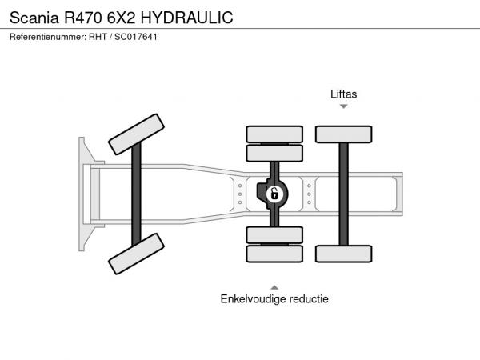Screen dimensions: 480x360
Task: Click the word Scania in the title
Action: pos(34,18)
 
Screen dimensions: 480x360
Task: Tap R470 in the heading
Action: pos(82,18)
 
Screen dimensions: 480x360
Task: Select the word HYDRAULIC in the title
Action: pos(186,18)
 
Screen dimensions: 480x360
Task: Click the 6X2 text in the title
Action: pos(121,18)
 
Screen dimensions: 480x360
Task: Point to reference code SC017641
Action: pos(136,37)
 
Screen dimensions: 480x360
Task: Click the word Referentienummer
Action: pos(48,37)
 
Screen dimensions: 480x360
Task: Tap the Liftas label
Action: pos(343,94)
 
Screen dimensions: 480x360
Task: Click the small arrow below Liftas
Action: pos(343,106)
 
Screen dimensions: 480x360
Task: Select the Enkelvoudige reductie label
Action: pos(274,298)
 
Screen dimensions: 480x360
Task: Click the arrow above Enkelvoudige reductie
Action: pos(274,287)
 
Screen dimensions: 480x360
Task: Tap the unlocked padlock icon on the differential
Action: pos(274,194)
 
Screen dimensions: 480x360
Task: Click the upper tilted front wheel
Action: pos(136,134)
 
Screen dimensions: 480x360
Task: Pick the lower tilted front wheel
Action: pos(136,254)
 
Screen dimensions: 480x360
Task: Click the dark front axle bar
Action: pos(136,194)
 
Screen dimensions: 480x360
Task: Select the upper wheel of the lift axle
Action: pos(343,134)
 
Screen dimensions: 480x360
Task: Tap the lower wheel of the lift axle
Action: pos(343,254)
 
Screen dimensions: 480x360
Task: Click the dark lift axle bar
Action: pos(343,194)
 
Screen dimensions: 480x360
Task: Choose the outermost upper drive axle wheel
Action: pos(274,134)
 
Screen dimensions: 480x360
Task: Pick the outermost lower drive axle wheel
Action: pos(274,254)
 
